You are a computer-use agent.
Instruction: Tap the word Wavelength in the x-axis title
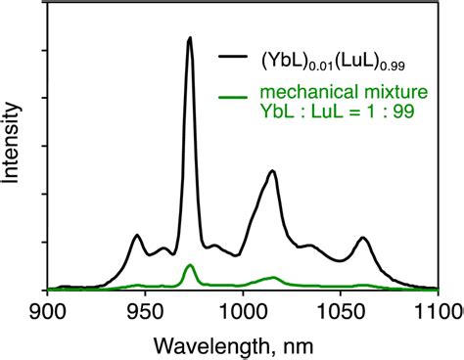(202, 344)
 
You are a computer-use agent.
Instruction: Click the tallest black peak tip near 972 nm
(189, 38)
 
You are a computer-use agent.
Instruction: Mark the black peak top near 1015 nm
(272, 172)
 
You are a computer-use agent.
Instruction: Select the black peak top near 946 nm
(137, 236)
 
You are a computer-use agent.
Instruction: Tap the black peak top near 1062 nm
(363, 238)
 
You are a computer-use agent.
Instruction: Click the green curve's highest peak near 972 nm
(189, 266)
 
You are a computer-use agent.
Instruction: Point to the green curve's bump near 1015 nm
(273, 278)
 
